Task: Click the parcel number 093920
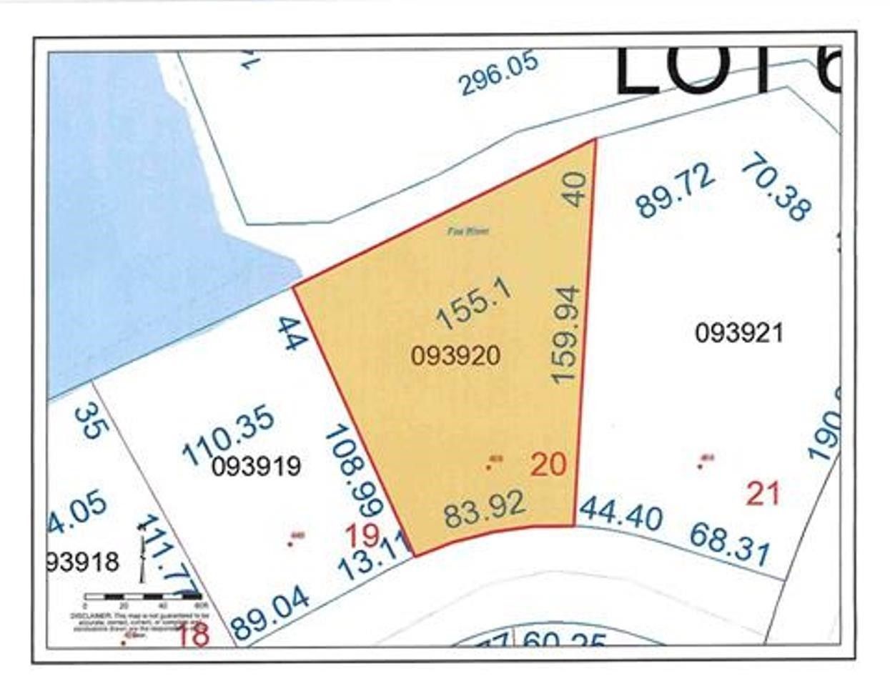pos(455,355)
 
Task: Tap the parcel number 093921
pos(739,333)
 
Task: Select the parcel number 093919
pos(257,467)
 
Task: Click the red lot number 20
pos(548,465)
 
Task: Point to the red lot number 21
pos(762,494)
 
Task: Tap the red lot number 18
pos(193,634)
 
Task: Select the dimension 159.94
pos(565,334)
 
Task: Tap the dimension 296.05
pos(498,73)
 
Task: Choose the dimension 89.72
pos(675,191)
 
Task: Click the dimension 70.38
pos(776,189)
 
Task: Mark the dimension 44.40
pos(621,514)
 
